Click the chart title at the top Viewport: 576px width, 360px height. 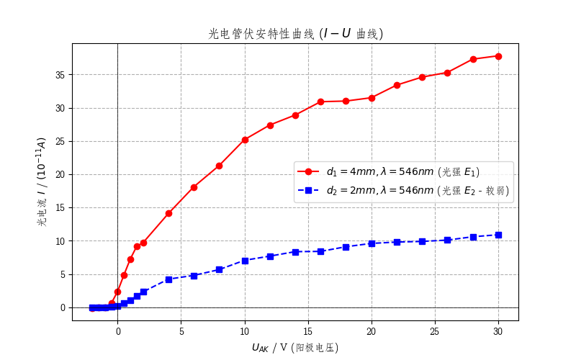coord(295,34)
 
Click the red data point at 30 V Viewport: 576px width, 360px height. coord(498,56)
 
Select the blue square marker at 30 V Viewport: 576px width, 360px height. coord(498,235)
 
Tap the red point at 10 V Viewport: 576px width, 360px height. coord(245,140)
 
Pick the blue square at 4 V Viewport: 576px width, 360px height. coord(168,279)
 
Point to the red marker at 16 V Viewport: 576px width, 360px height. coord(320,102)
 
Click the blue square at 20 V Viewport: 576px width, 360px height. coord(372,243)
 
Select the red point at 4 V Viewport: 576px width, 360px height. coord(168,213)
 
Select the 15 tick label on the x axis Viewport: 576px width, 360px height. coord(308,331)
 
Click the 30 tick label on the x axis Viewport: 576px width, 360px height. coord(498,331)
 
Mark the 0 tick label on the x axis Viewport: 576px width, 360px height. coord(117,331)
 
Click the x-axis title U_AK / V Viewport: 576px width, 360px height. coord(294,347)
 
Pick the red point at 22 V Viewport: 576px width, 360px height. coord(397,85)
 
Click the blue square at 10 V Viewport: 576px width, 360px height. coord(245,261)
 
